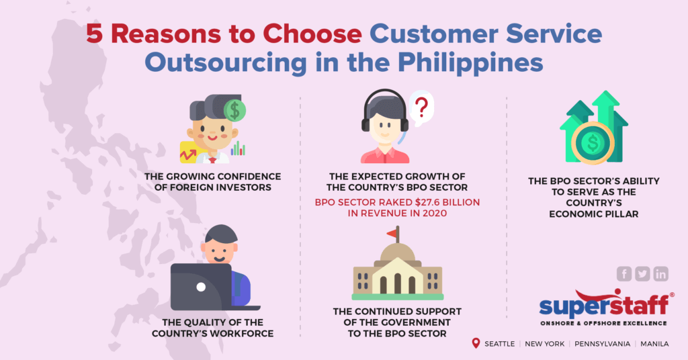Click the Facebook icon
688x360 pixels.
pyautogui.click(x=624, y=273)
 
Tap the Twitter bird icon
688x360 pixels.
pyautogui.click(x=642, y=273)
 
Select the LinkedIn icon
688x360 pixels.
pyautogui.click(x=661, y=273)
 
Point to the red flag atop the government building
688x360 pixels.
pyautogui.click(x=391, y=233)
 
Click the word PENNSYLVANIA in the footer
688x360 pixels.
pyautogui.click(x=602, y=344)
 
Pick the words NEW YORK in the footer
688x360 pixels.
pyautogui.click(x=545, y=344)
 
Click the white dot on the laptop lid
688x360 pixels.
pyautogui.click(x=200, y=287)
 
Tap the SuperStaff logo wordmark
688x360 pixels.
pyautogui.click(x=604, y=306)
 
